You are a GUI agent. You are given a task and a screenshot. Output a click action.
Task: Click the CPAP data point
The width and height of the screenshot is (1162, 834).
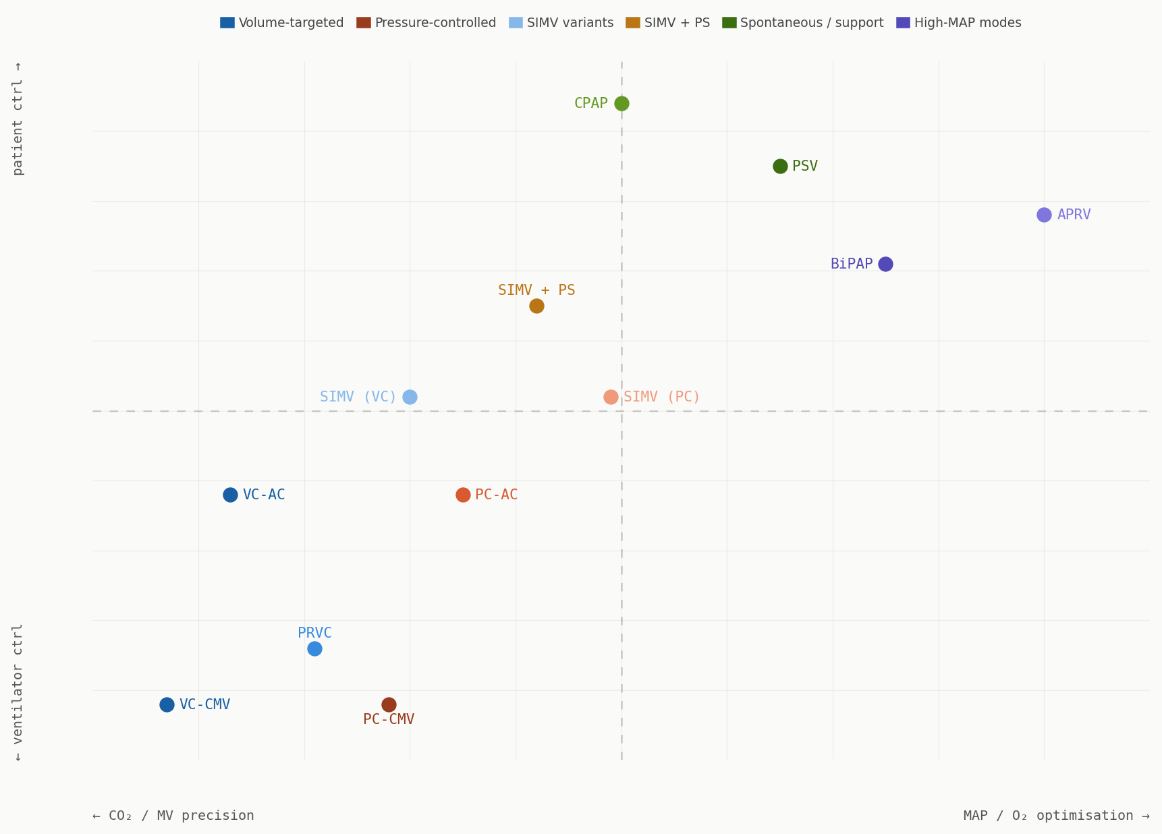point(621,103)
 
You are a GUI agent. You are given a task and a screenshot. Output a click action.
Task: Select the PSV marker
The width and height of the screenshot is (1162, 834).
point(780,166)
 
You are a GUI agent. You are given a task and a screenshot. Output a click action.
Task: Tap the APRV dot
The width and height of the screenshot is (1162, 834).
point(1044,215)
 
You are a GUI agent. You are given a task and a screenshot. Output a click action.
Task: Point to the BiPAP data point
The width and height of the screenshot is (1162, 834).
point(885,264)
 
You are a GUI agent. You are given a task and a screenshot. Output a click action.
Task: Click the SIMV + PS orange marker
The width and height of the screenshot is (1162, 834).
point(536,306)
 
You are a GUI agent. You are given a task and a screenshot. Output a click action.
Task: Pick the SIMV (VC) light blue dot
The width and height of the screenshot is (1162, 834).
point(410,397)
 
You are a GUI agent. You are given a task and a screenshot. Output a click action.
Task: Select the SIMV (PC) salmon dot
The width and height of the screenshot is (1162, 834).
point(611,397)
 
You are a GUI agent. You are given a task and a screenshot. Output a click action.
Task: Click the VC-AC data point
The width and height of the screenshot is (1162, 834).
point(230,495)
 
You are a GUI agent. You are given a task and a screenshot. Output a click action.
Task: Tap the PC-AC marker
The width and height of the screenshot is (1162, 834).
point(463,495)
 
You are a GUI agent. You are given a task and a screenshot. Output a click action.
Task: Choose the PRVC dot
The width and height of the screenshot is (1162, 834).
point(314,648)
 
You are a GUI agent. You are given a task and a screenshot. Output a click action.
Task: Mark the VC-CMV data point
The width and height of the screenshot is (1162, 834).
point(167,704)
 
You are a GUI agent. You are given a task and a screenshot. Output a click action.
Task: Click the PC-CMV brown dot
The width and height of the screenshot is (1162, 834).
point(389,704)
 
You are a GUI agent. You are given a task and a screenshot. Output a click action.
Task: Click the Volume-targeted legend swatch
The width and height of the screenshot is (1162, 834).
point(227,23)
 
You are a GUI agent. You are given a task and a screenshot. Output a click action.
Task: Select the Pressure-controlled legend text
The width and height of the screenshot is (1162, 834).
point(435,23)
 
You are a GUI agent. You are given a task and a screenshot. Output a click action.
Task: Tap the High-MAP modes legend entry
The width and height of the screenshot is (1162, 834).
point(967,23)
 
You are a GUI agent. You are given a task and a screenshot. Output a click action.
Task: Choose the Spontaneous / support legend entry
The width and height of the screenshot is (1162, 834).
point(811,23)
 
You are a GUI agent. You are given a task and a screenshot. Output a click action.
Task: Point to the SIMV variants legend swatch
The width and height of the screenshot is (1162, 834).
point(516,23)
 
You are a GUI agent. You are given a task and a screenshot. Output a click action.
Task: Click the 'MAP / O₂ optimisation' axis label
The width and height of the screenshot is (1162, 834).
point(1056,816)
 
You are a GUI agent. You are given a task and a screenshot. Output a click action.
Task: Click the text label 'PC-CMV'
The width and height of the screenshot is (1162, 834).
point(389,719)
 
